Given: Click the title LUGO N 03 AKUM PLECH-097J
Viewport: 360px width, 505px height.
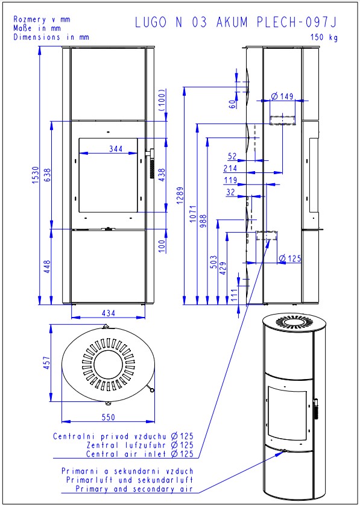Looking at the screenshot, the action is coord(236,22).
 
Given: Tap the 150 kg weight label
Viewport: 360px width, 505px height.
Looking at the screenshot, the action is coord(324,37).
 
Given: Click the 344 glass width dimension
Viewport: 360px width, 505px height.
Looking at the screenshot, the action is coord(116,148).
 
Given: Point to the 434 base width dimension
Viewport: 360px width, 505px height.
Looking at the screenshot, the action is coord(109,313).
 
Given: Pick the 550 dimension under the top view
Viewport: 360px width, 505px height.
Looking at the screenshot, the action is coord(108,417).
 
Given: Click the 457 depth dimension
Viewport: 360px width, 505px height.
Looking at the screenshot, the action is coord(47,363).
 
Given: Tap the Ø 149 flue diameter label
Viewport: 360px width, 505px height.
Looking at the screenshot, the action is coord(282,96).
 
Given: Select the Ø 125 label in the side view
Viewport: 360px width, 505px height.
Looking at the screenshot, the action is coord(290,258).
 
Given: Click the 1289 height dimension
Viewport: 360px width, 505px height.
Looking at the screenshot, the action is coord(180,195).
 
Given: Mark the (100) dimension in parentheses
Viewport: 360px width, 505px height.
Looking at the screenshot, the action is coord(162,100).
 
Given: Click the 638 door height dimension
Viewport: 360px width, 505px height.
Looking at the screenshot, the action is coord(48,175).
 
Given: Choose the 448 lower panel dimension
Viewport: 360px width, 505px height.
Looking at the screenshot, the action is coord(48,267).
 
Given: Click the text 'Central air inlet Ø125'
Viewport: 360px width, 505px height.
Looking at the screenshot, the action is coord(140,454).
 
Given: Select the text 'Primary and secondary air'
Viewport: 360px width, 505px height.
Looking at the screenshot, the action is coord(134,489).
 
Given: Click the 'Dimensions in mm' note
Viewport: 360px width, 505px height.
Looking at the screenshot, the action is coord(51,37).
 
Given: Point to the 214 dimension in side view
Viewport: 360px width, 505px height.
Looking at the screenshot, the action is coord(230,168).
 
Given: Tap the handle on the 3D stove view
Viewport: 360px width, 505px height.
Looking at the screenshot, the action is coord(316,409).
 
